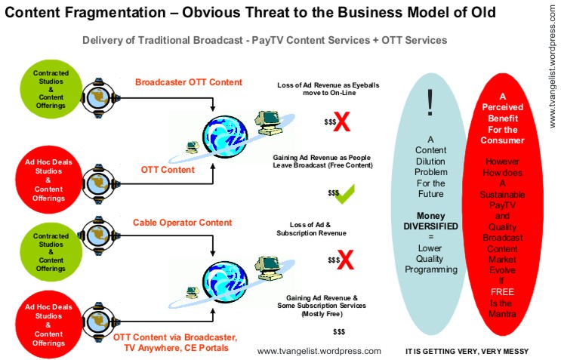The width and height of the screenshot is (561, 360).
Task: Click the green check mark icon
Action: pos(344,195)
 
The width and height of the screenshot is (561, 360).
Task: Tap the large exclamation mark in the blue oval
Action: pos(430,102)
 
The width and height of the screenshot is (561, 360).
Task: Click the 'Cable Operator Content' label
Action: pos(183,223)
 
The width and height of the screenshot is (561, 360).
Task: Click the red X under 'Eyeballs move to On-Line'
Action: pos(341,123)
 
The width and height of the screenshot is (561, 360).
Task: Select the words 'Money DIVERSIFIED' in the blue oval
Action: pos(430,221)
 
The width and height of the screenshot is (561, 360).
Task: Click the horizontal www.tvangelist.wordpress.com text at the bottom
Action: pos(319,351)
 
